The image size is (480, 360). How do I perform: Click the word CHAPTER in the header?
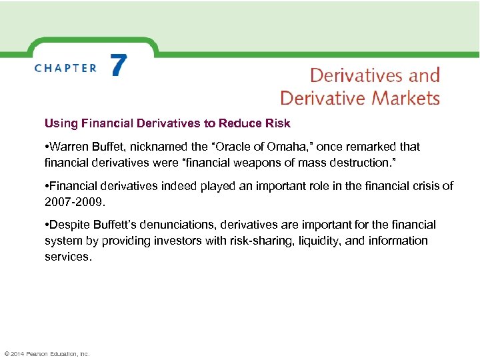click(x=65, y=68)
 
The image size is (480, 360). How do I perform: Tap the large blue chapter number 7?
click(x=118, y=67)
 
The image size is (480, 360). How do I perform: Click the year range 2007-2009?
click(x=74, y=201)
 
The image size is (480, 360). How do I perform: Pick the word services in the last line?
click(x=67, y=256)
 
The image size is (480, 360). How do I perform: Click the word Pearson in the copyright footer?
click(x=37, y=353)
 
